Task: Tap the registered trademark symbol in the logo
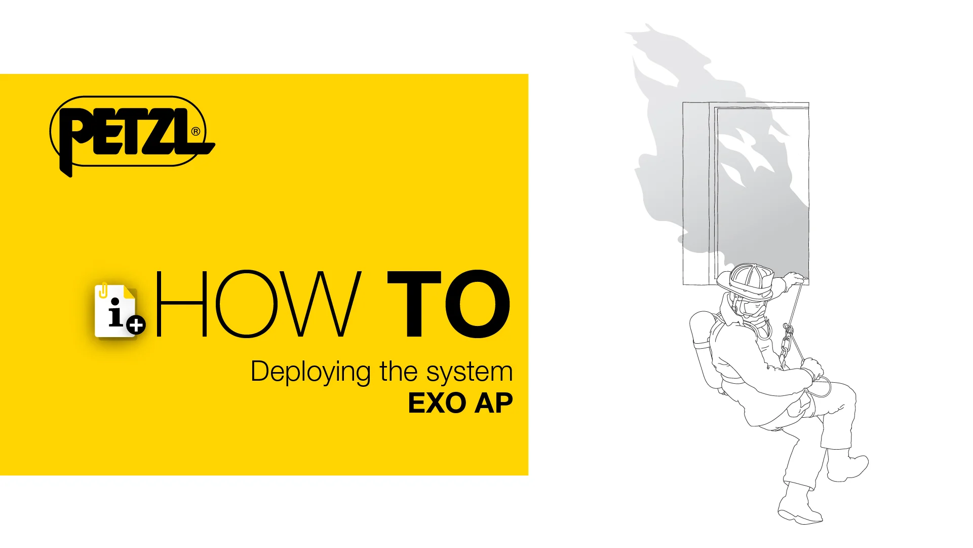tap(196, 132)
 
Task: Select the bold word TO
tap(448, 304)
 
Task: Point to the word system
tap(469, 372)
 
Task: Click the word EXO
tap(437, 404)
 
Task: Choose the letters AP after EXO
tap(494, 404)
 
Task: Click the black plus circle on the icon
tap(136, 325)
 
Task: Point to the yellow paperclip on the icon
tap(104, 290)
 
